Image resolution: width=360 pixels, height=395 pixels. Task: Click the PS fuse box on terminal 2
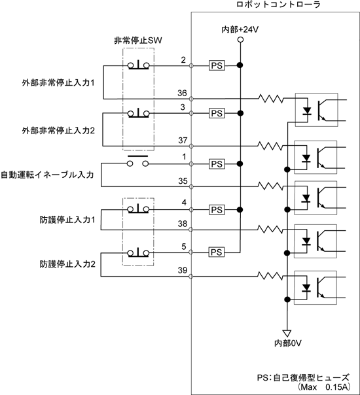coord(217,65)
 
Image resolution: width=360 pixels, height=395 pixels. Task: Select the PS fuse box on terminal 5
coord(217,252)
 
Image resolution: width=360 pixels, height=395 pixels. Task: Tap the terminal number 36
coord(182,94)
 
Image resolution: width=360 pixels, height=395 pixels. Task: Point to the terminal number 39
coord(183,270)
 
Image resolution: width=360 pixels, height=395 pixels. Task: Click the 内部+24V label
coord(240,29)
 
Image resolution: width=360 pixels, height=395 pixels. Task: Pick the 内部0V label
coord(288,343)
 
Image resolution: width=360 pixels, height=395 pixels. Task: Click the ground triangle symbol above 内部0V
coord(287,333)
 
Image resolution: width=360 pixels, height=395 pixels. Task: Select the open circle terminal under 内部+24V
coord(240,40)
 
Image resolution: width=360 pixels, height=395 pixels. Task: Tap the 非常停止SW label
coord(138,41)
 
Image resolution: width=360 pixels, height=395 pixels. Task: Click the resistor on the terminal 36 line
coord(270,99)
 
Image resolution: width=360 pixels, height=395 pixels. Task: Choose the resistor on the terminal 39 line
coord(270,276)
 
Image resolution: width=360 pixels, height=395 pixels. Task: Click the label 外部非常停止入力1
coord(58,83)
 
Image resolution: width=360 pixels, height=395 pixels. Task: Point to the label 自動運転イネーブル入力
coord(47,175)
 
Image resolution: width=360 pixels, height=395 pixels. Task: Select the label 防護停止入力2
coord(67,264)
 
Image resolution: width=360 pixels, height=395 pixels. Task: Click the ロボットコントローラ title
coord(279,5)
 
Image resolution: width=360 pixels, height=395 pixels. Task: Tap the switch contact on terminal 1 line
coord(137,162)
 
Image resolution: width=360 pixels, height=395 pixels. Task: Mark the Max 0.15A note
coord(324,387)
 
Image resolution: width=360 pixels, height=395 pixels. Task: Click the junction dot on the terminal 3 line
coord(240,113)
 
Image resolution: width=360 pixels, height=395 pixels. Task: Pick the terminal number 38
coord(183,224)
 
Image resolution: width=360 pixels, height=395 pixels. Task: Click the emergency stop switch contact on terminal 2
coord(138,65)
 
